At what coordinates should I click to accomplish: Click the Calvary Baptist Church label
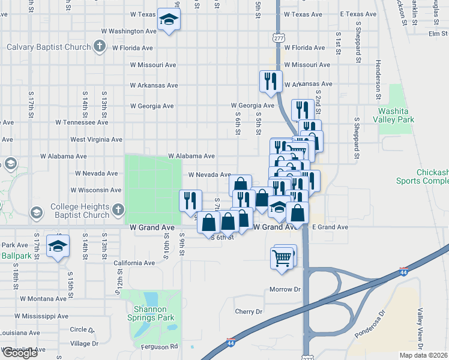coord(48,47)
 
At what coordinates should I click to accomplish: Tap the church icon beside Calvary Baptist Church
coord(100,47)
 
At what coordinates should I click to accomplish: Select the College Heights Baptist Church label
coord(80,211)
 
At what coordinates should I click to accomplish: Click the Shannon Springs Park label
coord(150,314)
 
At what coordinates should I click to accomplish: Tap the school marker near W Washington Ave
coord(169,20)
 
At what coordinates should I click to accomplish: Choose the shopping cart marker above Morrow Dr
coord(282,259)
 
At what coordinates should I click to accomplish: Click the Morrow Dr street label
coord(285,289)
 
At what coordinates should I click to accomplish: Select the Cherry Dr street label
coord(249,311)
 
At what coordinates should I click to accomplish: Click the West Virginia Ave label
coord(96,139)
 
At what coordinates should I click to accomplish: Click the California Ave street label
coord(134,263)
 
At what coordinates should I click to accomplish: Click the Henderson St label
coord(378,80)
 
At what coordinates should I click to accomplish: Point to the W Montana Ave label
coord(43,298)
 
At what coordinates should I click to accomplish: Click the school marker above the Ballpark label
coord(58,246)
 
